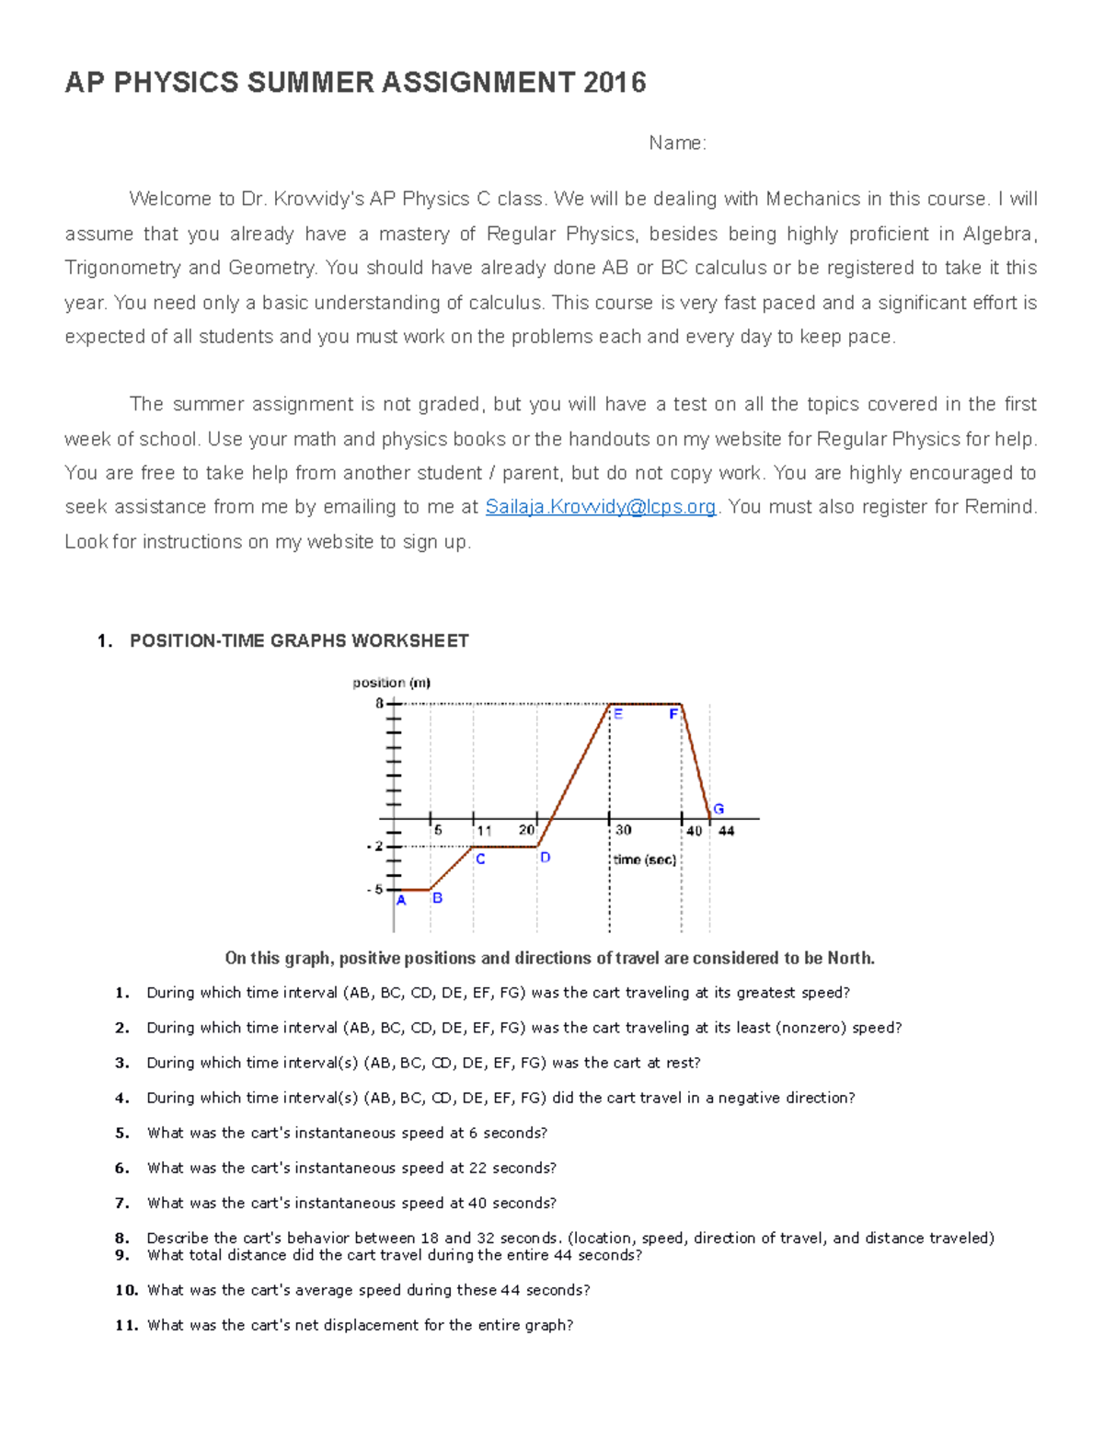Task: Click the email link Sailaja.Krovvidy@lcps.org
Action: [x=600, y=507]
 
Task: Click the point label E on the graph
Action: [x=618, y=714]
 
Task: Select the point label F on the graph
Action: [x=673, y=714]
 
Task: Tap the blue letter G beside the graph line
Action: [x=719, y=809]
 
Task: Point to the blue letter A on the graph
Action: [x=401, y=901]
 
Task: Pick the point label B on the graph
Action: [x=437, y=898]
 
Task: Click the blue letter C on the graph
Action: [x=480, y=859]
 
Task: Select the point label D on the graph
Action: [x=545, y=858]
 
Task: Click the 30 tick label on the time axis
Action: [x=623, y=830]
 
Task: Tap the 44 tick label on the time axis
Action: [x=727, y=831]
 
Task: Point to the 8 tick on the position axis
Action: [x=380, y=703]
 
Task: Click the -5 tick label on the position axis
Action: [x=374, y=890]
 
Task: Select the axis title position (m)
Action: [x=391, y=683]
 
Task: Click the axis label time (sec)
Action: [x=644, y=859]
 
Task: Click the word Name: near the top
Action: [x=677, y=143]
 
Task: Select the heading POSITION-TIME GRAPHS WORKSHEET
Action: [x=299, y=640]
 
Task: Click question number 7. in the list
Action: [x=121, y=1203]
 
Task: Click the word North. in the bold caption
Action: [x=850, y=958]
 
